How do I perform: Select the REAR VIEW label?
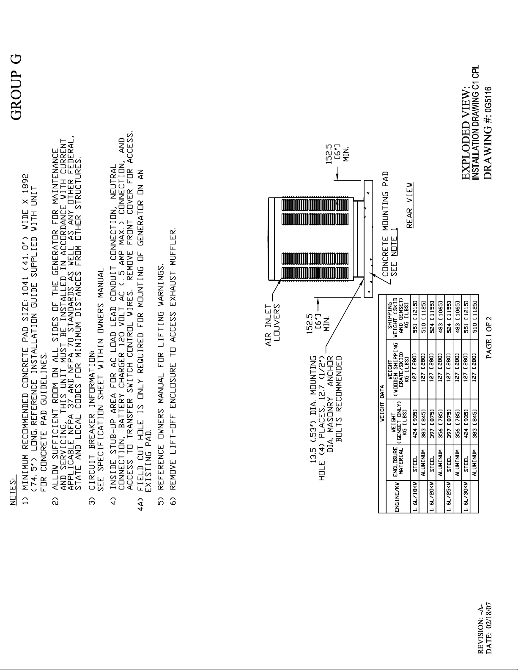pyautogui.click(x=410, y=205)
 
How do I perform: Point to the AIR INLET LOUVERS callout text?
pyautogui.click(x=272, y=325)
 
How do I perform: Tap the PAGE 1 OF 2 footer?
pyautogui.click(x=488, y=336)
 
